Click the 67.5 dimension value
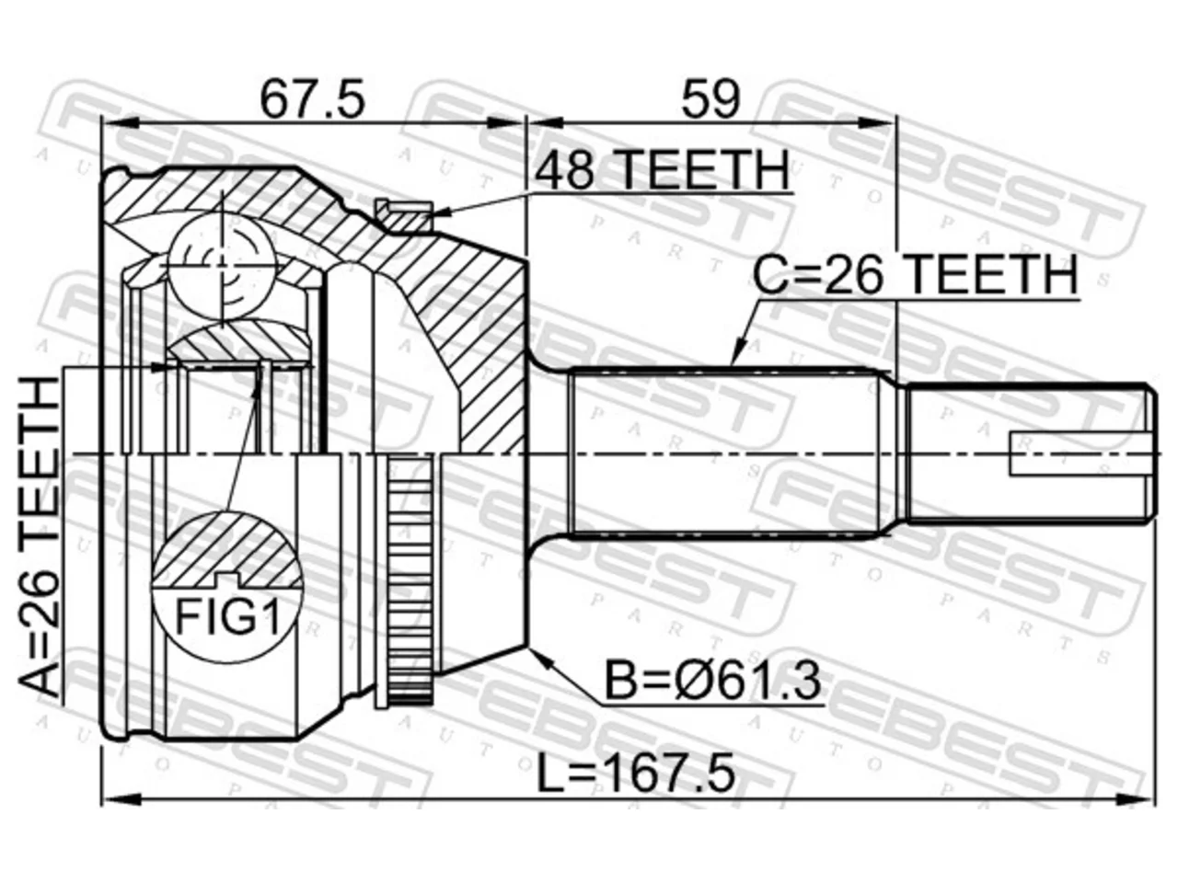click(312, 99)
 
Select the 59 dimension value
click(710, 99)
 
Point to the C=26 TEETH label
click(915, 274)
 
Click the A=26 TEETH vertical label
click(39, 536)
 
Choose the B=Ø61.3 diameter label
click(713, 681)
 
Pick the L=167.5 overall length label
click(635, 775)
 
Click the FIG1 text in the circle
click(227, 616)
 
